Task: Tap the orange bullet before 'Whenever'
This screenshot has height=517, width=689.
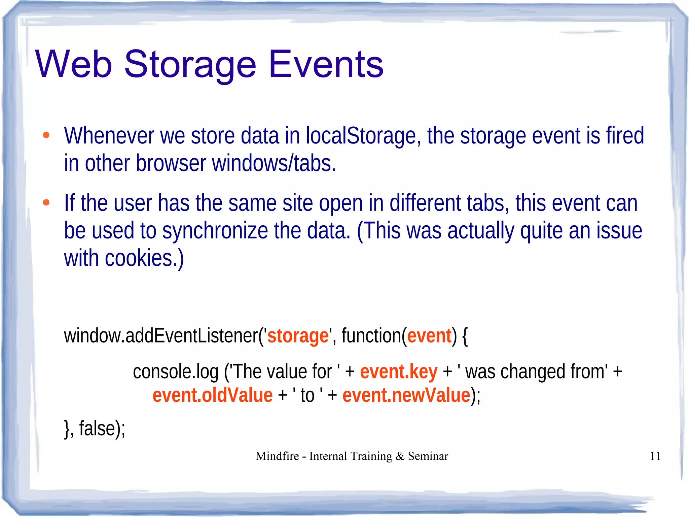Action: [x=46, y=135]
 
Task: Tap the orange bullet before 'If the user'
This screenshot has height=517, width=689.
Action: [x=46, y=203]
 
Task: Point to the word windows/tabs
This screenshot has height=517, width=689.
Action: [x=274, y=163]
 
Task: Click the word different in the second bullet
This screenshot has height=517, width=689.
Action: [x=425, y=203]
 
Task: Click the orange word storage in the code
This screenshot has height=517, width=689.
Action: [x=298, y=336]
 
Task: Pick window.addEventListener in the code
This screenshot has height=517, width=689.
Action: [x=161, y=336]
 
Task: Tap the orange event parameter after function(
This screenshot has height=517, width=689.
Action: [x=429, y=336]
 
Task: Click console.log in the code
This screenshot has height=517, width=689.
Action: [x=176, y=372]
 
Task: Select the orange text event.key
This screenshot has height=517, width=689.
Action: [x=399, y=372]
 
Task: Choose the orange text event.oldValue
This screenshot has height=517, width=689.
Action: [x=212, y=395]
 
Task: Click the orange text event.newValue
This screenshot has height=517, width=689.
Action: [x=406, y=395]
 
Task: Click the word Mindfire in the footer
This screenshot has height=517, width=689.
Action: [x=277, y=456]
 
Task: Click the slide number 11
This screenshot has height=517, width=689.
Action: [x=655, y=456]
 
